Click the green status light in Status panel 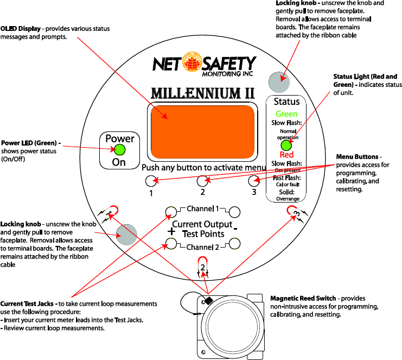coord(286,146)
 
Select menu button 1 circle coord(150,181)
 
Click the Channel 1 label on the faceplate coord(202,209)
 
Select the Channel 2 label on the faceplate coord(202,248)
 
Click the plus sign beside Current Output coord(171,231)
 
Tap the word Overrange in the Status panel coord(287,199)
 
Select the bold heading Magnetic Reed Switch coord(303,298)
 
